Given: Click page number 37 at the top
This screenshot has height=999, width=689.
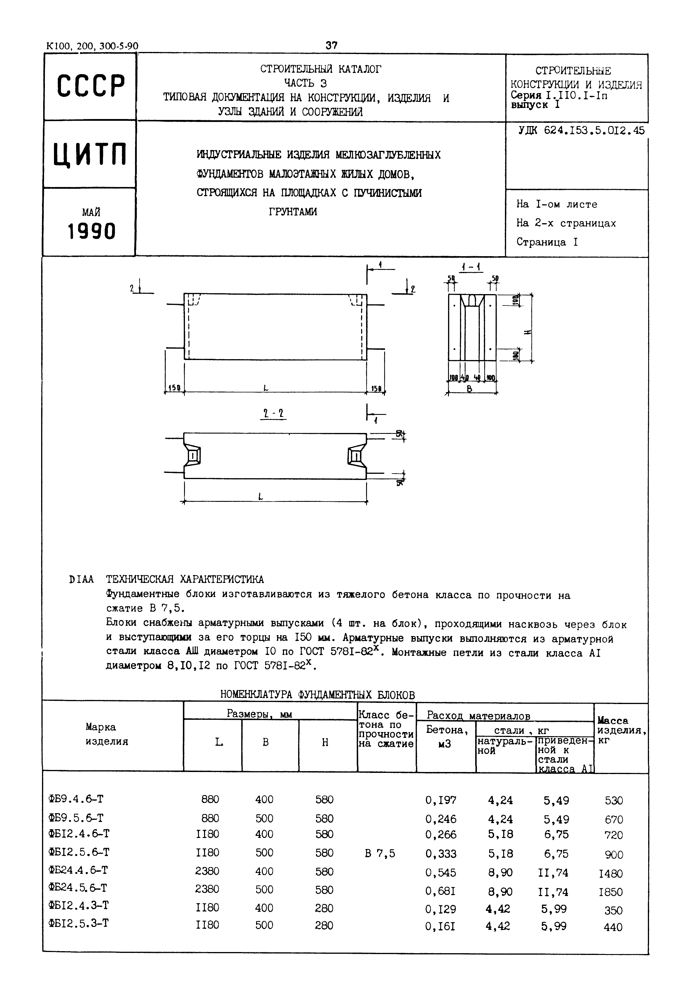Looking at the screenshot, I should click(332, 45).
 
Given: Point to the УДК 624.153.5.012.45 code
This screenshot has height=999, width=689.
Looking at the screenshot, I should click(581, 131).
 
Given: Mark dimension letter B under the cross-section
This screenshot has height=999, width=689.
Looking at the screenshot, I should click(469, 389).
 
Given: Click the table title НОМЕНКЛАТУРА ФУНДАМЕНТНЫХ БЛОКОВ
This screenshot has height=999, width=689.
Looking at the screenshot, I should click(317, 695).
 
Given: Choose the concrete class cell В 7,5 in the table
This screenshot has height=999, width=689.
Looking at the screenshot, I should click(380, 853).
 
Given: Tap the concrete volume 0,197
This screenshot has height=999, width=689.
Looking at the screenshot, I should click(440, 800).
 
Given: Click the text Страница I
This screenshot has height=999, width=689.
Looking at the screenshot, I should click(547, 242).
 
